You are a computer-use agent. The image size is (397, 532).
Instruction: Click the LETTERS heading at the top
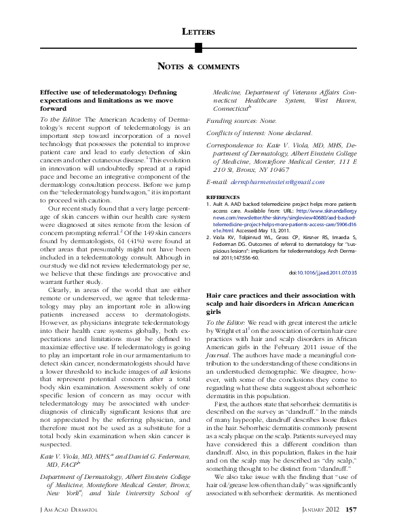(198, 32)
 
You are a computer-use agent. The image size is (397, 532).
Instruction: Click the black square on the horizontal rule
(198, 47)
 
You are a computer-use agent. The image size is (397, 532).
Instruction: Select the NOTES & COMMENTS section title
(198, 67)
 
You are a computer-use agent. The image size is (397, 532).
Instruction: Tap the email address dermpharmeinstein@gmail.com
(269, 182)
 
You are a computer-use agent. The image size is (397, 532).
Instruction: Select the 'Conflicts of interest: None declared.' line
(249, 132)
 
